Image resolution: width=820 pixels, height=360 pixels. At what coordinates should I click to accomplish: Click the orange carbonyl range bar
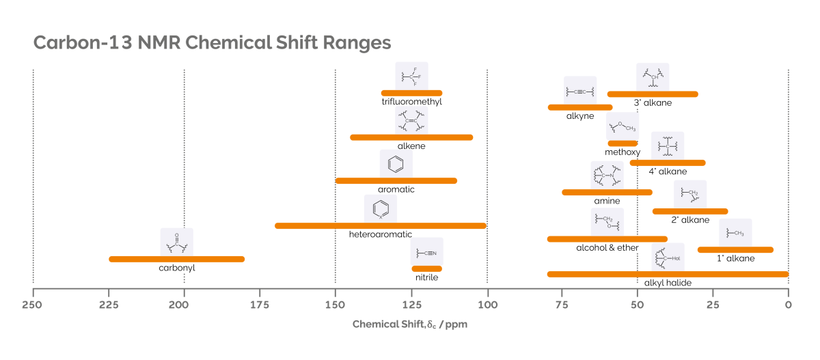176,259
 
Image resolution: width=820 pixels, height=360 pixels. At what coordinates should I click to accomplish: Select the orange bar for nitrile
426,268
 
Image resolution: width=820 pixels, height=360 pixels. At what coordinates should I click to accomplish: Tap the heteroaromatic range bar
380,225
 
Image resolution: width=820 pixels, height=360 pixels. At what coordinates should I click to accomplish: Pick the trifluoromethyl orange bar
411,93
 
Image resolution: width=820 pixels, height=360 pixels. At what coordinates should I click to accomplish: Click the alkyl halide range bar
668,274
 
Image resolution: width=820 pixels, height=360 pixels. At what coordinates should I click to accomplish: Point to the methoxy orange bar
622,143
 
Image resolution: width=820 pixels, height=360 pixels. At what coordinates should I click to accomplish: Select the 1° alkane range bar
735,249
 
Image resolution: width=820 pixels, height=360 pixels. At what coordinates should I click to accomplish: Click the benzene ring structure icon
396,164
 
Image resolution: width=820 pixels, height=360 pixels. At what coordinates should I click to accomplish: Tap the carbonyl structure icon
176,242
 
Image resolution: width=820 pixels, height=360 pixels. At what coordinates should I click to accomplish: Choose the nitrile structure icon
427,252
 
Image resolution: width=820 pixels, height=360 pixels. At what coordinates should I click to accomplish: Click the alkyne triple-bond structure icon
579,91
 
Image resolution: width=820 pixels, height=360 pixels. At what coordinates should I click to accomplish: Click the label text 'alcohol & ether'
607,248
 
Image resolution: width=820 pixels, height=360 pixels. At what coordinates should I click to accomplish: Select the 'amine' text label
607,202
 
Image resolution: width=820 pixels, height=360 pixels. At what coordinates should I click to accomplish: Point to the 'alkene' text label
411,146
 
